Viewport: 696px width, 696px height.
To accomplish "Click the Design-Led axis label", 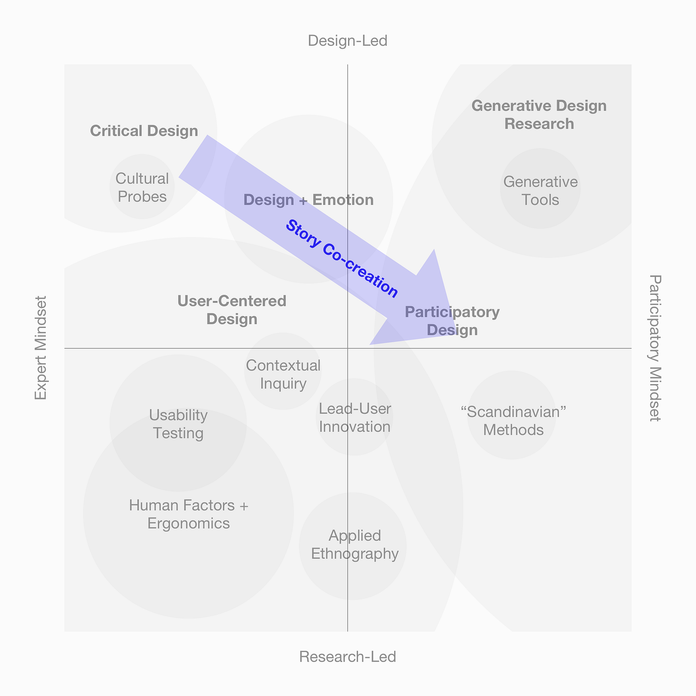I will click(348, 41).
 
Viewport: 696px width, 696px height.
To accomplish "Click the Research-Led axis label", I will click(348, 656).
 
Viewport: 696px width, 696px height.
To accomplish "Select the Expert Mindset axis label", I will click(40, 348).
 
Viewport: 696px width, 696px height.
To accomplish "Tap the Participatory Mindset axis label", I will click(655, 348).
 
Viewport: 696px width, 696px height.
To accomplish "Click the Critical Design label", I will click(144, 131).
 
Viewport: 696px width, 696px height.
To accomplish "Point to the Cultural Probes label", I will click(142, 187).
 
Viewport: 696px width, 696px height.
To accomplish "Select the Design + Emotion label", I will click(308, 200).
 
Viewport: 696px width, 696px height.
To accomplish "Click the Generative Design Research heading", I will click(539, 115).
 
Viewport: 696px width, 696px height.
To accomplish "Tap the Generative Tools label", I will click(540, 191).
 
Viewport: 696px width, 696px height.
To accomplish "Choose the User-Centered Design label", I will click(232, 310).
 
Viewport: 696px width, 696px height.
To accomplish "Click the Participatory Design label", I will click(452, 321).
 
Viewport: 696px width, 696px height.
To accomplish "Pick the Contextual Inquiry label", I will click(283, 374).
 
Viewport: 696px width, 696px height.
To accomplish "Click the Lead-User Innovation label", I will click(355, 418).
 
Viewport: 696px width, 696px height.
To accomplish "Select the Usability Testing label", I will click(178, 424).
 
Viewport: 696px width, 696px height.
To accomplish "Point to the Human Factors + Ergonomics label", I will click(189, 514).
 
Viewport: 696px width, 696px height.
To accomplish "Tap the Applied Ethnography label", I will click(355, 545).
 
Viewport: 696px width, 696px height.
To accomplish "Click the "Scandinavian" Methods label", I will click(513, 421).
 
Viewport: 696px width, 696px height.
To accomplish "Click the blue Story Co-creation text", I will click(341, 259).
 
